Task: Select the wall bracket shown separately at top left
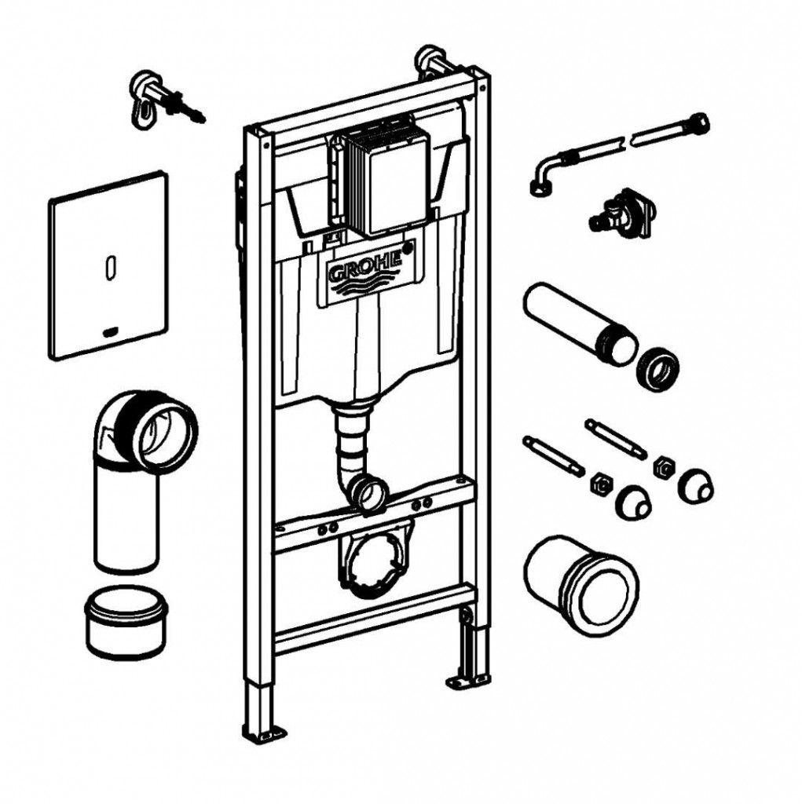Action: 165,100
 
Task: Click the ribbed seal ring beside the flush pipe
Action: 657,369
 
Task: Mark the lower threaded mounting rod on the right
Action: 553,456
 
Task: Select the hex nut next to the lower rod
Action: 600,484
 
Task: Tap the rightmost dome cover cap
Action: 696,485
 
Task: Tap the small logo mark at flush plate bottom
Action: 110,333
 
